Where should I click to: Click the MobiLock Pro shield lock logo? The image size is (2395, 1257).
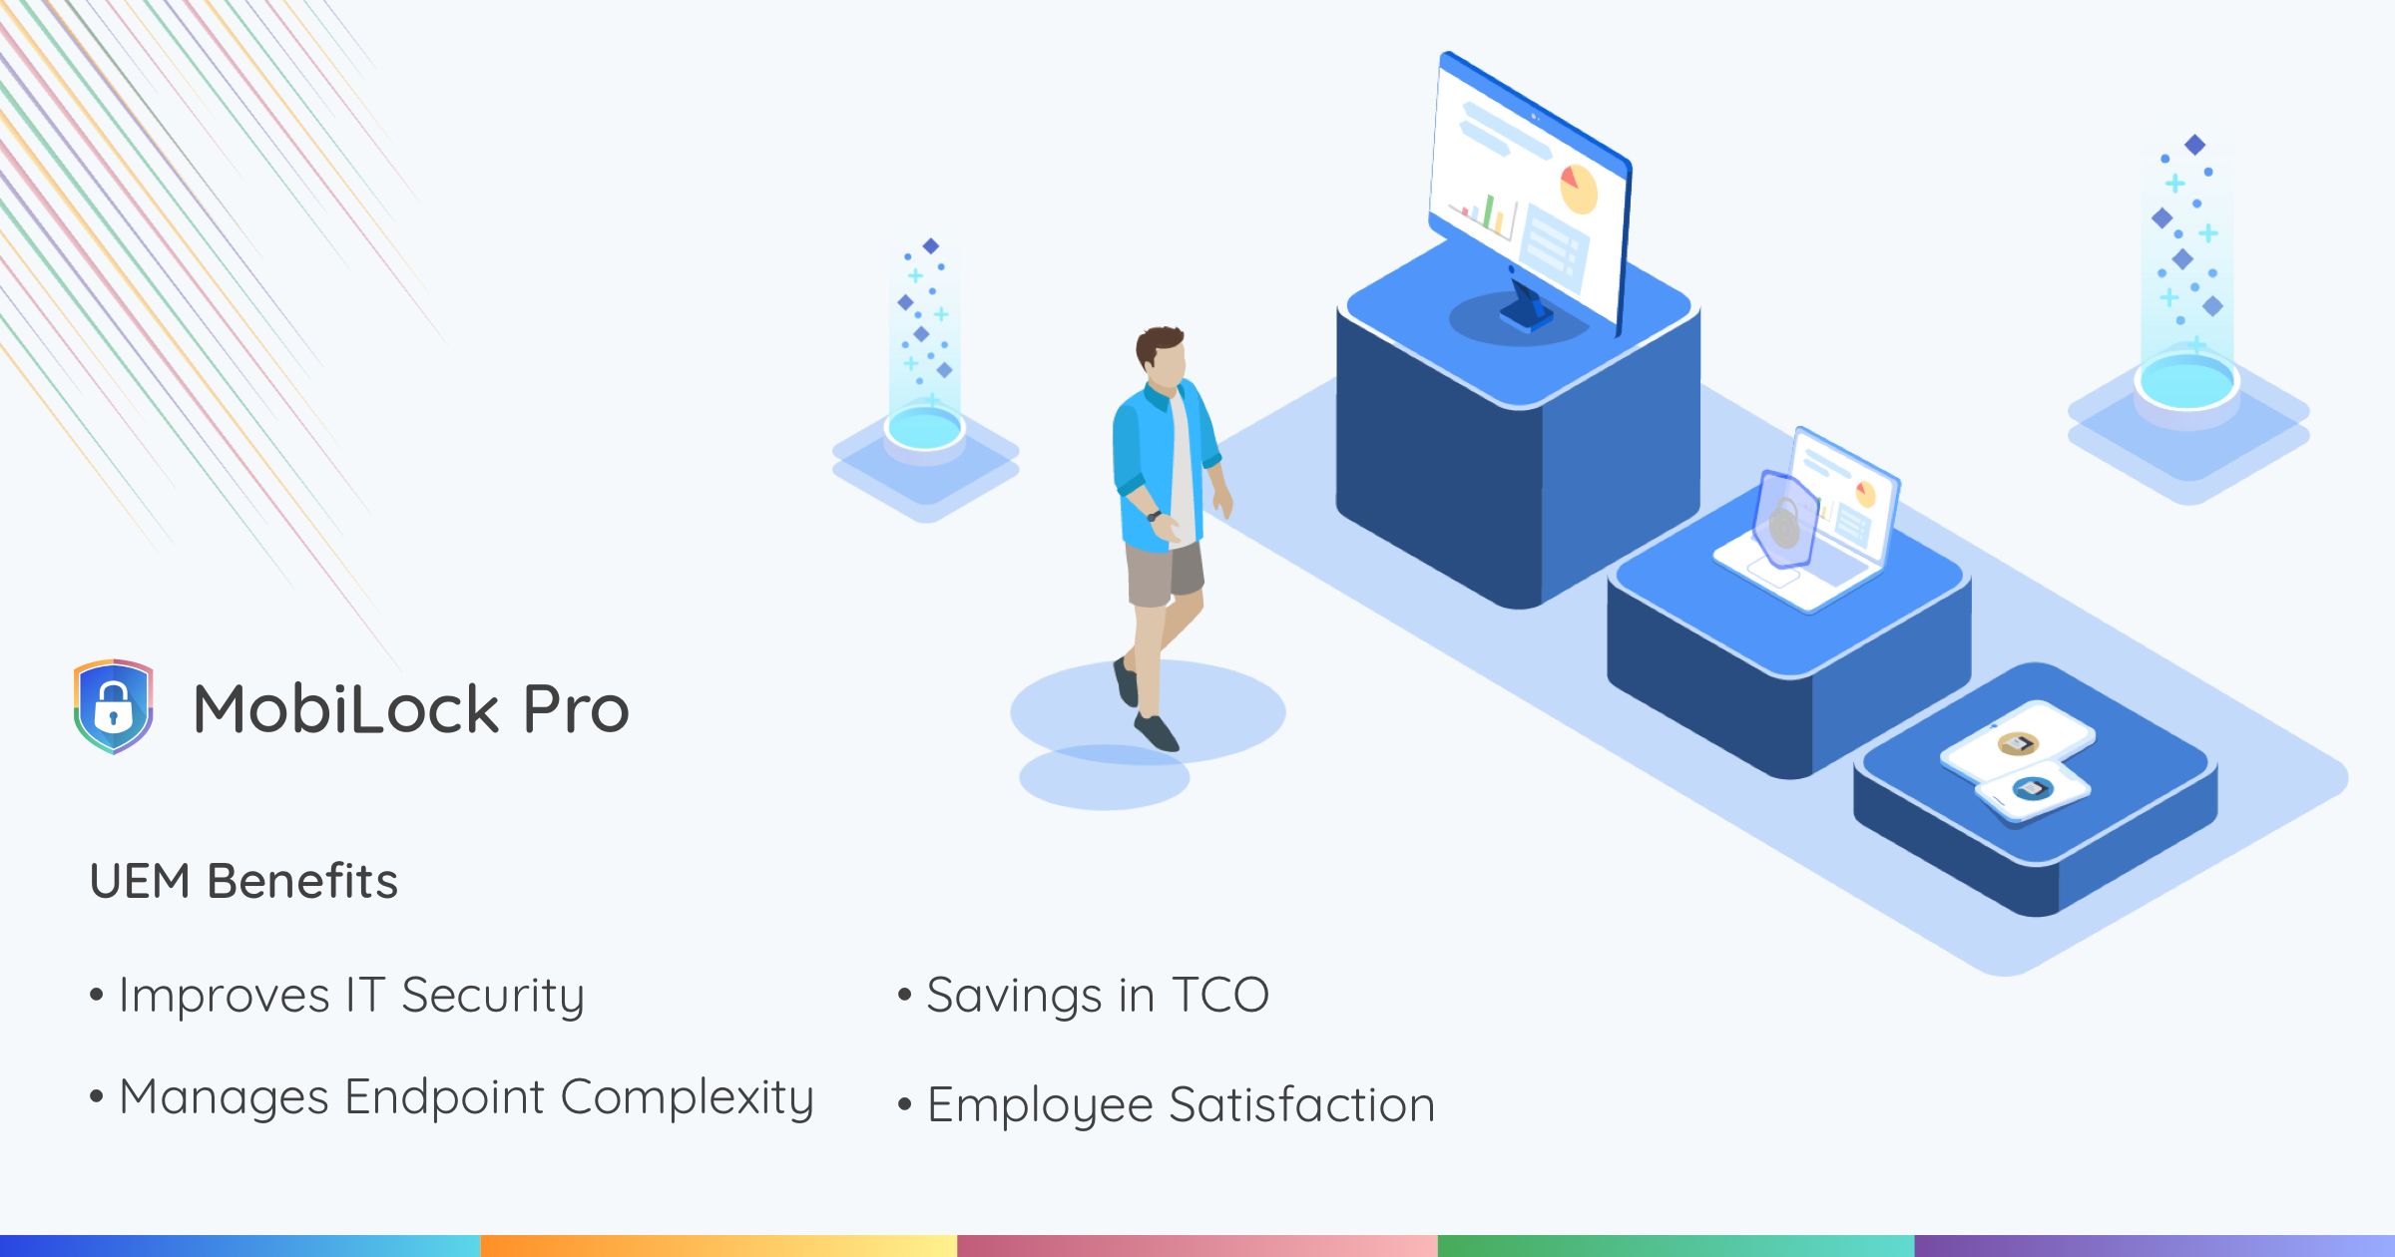click(x=113, y=706)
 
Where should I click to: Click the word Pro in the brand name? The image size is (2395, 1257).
click(x=576, y=709)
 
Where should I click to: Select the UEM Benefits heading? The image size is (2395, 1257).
click(x=243, y=881)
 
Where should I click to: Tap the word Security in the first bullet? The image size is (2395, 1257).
click(x=493, y=996)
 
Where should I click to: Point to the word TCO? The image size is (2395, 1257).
click(x=1220, y=995)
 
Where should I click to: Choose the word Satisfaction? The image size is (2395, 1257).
click(x=1302, y=1104)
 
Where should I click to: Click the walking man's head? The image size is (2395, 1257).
click(x=1162, y=355)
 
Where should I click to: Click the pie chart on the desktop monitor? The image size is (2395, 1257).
click(x=1579, y=189)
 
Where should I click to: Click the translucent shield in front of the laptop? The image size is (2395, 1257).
click(x=1786, y=519)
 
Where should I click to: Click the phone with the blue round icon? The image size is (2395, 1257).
click(x=2033, y=790)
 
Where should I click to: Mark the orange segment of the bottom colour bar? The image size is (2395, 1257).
click(x=718, y=1246)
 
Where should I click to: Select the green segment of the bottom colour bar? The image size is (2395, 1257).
click(x=1676, y=1246)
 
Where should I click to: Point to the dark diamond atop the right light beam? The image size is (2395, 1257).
click(x=2194, y=145)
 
